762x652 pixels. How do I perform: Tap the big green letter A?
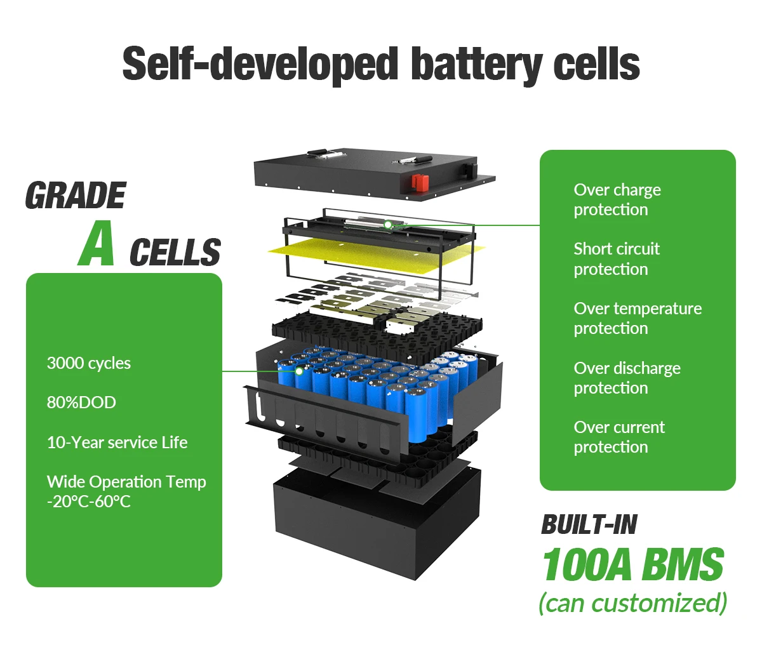click(97, 244)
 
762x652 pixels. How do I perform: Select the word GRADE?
click(76, 196)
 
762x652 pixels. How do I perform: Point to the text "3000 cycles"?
click(89, 363)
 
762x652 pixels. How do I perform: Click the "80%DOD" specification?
click(81, 403)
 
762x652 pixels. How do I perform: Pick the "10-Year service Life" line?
click(117, 442)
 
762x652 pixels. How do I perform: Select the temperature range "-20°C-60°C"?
click(89, 502)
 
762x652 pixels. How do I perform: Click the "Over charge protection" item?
click(617, 199)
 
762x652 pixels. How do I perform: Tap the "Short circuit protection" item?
click(616, 258)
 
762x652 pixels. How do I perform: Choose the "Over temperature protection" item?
click(637, 318)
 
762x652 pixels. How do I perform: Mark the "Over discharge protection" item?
click(626, 378)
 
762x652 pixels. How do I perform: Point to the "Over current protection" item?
click(618, 437)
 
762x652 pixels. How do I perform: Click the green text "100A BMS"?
click(632, 565)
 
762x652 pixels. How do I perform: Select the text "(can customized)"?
click(632, 602)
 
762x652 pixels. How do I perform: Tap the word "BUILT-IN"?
click(589, 525)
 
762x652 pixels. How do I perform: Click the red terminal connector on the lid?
click(419, 183)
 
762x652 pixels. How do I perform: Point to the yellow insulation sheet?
click(356, 254)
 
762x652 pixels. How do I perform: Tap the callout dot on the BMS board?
click(387, 224)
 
